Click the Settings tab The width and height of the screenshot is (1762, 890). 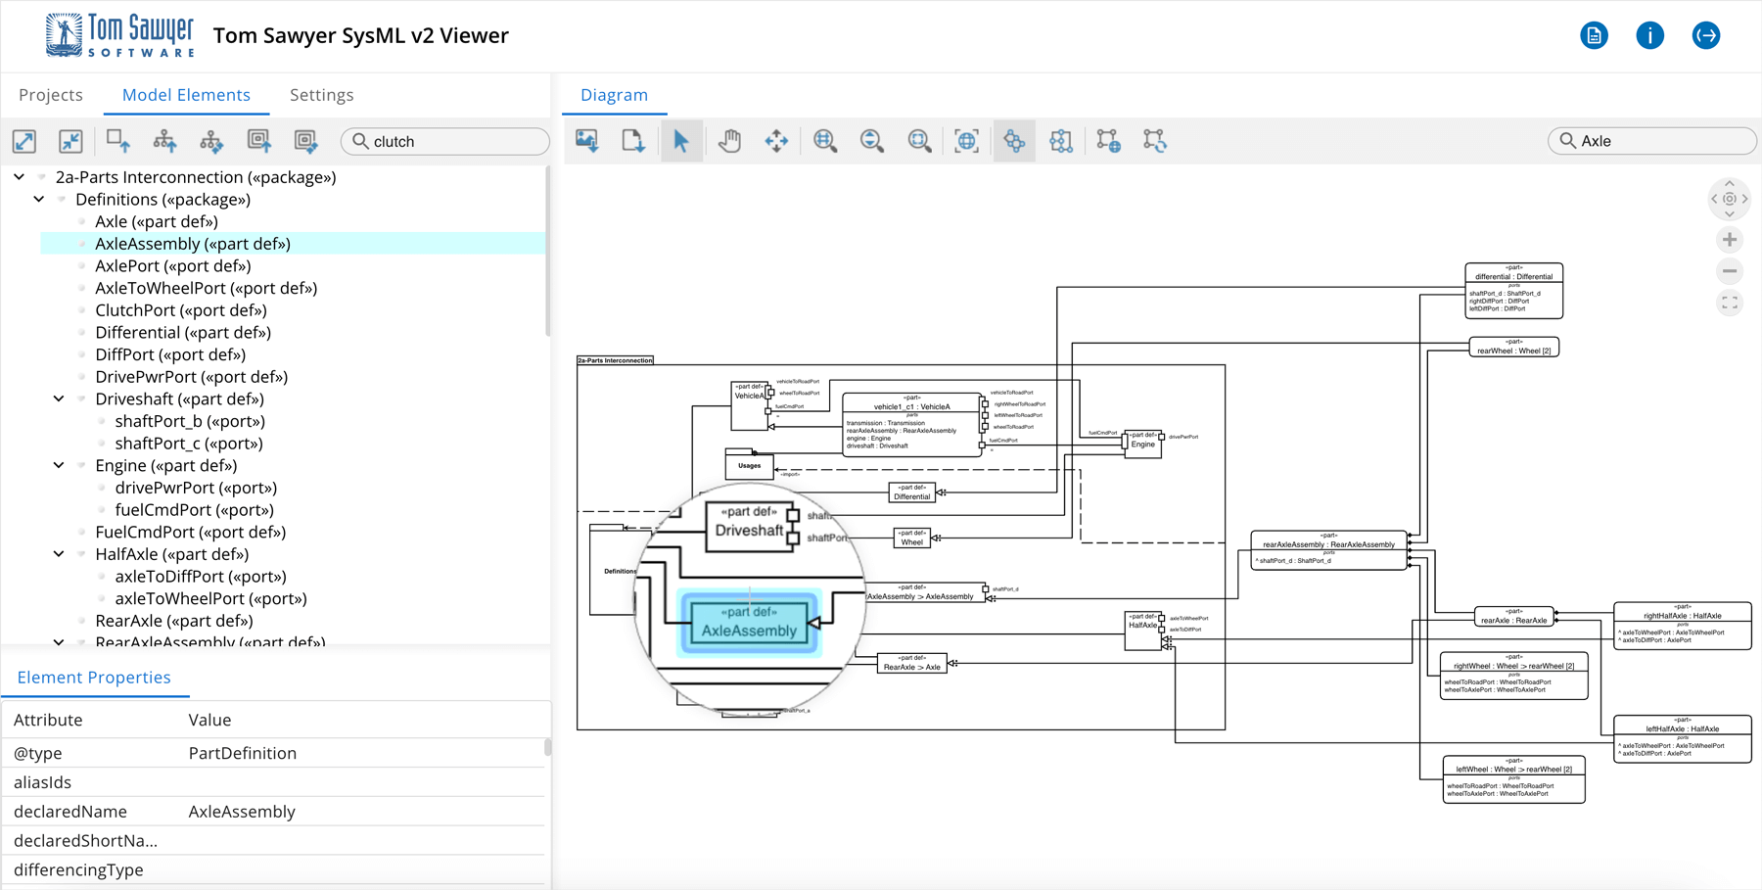tap(321, 95)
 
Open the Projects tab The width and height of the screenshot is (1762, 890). tap(51, 95)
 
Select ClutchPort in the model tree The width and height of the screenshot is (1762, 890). tap(180, 310)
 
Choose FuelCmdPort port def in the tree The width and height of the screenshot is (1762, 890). tap(190, 532)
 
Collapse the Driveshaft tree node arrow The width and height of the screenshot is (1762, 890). tap(59, 398)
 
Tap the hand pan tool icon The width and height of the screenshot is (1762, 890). tap(729, 141)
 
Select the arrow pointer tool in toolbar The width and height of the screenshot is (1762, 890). tap(681, 141)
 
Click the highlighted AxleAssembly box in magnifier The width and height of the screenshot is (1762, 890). tap(749, 623)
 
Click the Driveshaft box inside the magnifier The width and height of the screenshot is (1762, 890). tap(749, 526)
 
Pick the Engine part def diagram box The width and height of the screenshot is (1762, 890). tap(1142, 443)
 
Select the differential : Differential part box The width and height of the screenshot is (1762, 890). tap(1513, 290)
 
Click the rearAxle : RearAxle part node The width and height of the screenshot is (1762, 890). tap(1513, 617)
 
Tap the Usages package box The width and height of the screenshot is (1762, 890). tap(749, 465)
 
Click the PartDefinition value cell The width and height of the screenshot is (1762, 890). tap(242, 753)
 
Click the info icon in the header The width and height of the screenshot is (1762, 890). tap(1649, 35)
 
